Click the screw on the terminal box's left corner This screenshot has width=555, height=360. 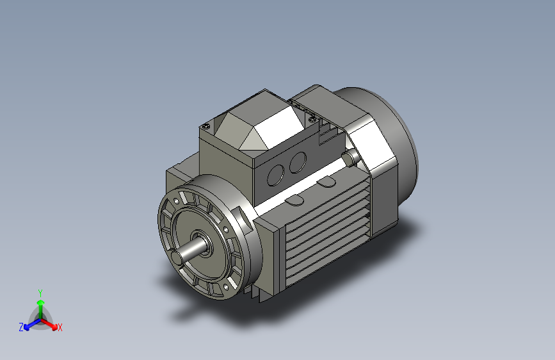[205, 126]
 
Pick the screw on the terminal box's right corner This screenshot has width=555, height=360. [312, 119]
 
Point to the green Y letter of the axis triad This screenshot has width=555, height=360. [40, 292]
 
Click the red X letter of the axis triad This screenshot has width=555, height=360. [60, 328]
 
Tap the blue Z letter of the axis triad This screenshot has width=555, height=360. [21, 327]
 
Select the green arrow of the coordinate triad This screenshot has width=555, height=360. [40, 304]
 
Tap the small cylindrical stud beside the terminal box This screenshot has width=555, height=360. [351, 156]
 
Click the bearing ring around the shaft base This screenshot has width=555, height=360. [204, 241]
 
